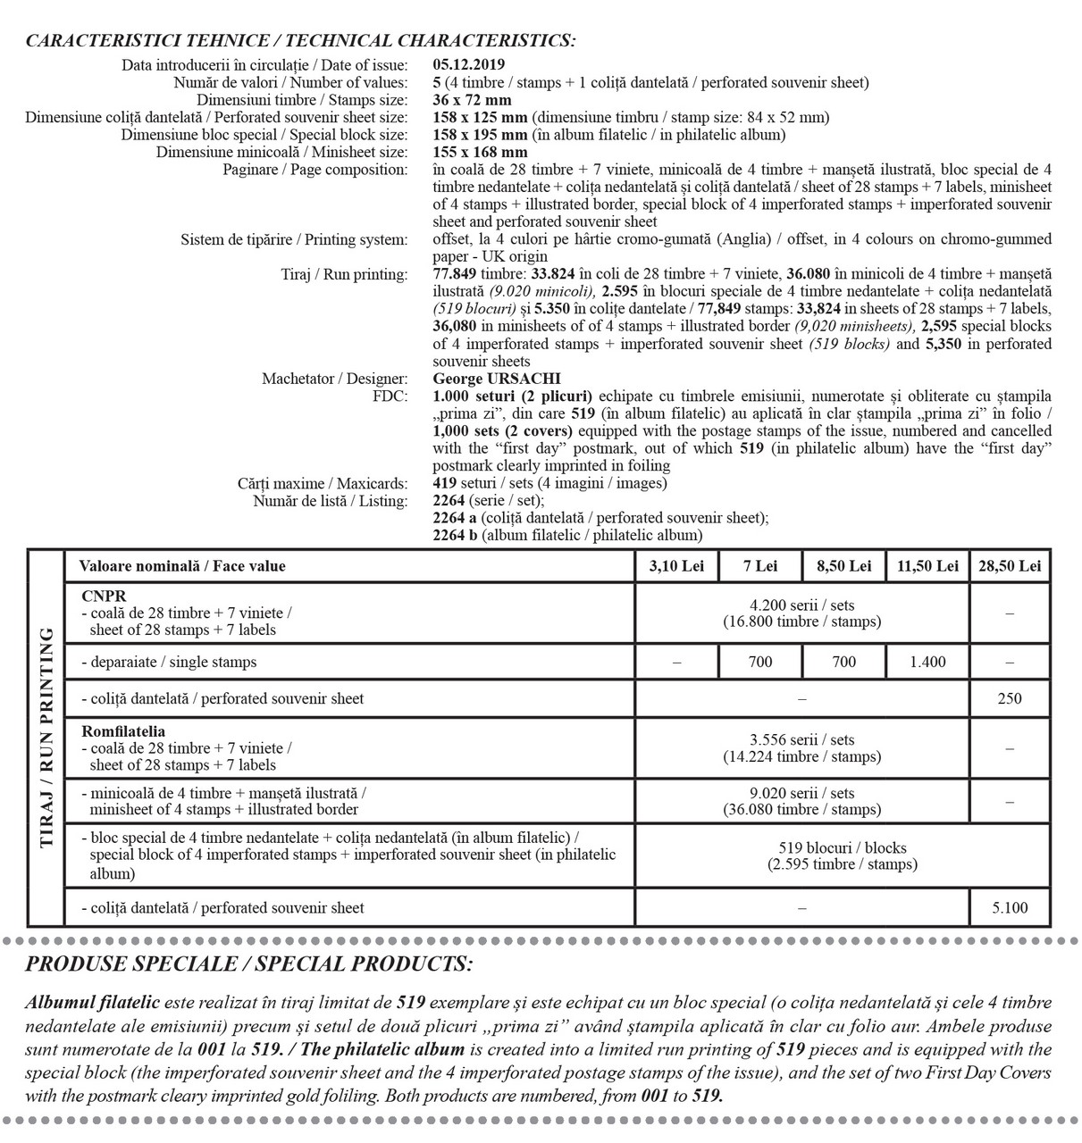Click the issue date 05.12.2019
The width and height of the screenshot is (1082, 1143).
point(468,64)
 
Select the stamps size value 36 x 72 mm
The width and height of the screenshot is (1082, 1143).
point(472,100)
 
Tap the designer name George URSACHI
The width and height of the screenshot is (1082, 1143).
point(496,379)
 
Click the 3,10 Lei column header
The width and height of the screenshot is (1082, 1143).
point(676,566)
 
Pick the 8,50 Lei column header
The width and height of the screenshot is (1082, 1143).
point(843,566)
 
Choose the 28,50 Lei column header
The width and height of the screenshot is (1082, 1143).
point(1009,566)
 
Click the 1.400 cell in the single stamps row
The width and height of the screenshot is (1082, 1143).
point(927,663)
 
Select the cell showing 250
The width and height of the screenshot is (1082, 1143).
point(1009,699)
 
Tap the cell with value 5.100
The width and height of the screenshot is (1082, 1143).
point(1009,908)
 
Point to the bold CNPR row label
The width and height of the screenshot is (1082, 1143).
point(103,597)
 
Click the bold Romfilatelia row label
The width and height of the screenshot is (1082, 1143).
point(122,731)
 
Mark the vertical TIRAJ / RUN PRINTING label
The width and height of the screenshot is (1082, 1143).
point(46,737)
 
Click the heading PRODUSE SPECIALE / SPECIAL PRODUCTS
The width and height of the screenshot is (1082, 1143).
point(249,964)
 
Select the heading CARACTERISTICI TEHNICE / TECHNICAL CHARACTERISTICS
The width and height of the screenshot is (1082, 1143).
point(300,41)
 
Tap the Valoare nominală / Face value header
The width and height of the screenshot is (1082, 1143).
point(182,566)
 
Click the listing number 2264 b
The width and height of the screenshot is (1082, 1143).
point(456,536)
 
